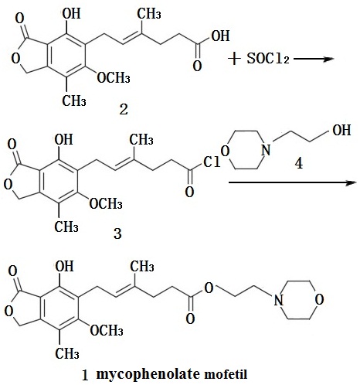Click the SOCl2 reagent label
click(268, 59)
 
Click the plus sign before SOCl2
click(234, 59)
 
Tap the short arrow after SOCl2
click(314, 59)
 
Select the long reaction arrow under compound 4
click(292, 182)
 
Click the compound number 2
click(124, 110)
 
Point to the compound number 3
click(117, 234)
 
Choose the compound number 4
click(299, 163)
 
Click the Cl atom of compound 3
click(212, 162)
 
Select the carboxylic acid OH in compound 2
click(220, 36)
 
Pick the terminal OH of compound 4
click(341, 130)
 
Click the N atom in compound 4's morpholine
click(266, 150)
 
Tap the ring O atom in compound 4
click(226, 151)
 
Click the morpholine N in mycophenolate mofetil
click(278, 300)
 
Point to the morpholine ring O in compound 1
click(319, 300)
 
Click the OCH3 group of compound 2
click(114, 77)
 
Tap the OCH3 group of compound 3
click(106, 203)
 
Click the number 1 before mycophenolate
click(85, 376)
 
